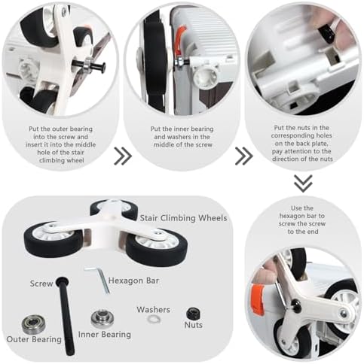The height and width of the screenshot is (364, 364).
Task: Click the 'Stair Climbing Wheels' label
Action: click(183, 218)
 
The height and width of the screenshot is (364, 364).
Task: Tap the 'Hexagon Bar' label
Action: click(133, 281)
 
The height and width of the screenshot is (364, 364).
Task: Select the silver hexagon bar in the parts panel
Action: click(100, 279)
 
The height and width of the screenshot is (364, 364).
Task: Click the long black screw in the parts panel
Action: click(66, 316)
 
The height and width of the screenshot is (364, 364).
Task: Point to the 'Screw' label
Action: click(41, 284)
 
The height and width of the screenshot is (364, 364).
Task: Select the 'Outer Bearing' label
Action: click(34, 339)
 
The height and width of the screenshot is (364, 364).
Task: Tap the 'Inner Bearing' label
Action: click(105, 335)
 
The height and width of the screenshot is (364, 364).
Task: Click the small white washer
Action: click(154, 319)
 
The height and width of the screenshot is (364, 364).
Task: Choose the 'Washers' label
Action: click(153, 310)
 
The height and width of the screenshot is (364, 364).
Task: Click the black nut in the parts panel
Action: click(193, 314)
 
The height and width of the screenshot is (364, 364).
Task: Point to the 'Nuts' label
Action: click(193, 325)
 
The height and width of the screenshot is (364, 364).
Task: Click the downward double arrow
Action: click(303, 184)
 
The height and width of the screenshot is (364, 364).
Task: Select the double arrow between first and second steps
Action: click(123, 156)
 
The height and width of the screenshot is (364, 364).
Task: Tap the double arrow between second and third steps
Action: click(244, 156)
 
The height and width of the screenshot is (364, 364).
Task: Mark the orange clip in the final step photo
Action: click(258, 299)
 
